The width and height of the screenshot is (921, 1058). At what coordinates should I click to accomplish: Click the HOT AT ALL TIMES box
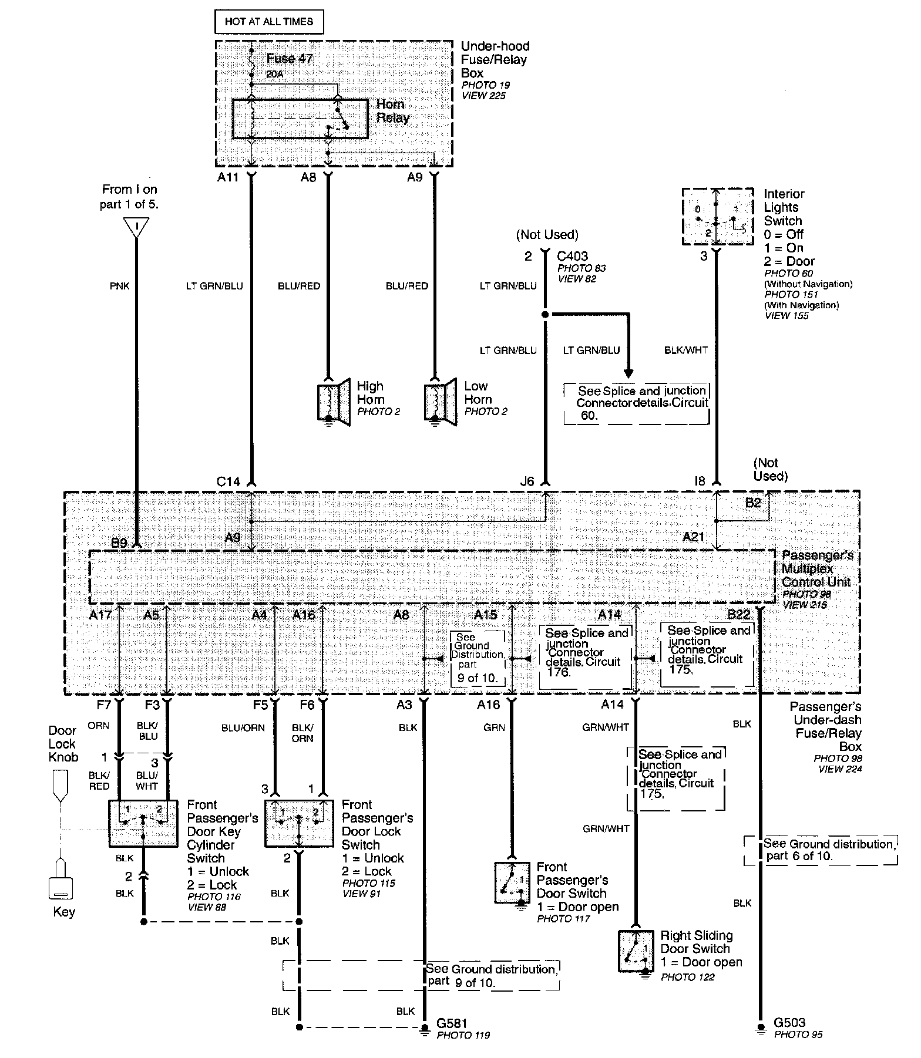(269, 22)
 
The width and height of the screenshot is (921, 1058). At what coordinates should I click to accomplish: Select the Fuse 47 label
(290, 59)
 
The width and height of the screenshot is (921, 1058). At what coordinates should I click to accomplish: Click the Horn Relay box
(300, 119)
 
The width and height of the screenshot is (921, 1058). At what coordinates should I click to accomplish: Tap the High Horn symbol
(334, 403)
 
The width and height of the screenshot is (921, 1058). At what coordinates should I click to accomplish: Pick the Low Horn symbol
(441, 403)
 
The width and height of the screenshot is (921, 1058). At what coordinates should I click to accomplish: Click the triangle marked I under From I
(136, 227)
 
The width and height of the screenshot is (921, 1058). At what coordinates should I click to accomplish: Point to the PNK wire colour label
(119, 286)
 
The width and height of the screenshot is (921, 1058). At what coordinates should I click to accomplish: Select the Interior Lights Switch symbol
(717, 217)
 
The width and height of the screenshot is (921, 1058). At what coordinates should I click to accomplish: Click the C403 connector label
(573, 256)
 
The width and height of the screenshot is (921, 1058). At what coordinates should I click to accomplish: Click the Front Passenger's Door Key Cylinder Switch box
(143, 823)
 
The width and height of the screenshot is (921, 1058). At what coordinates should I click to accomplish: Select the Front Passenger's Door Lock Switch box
(299, 823)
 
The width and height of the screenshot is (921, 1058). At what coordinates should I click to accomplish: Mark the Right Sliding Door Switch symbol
(636, 951)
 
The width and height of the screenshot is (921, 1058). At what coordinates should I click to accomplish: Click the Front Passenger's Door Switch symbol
(512, 882)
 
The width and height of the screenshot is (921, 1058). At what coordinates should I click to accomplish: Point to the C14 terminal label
(228, 481)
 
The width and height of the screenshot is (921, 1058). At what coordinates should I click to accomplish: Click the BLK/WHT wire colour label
(685, 351)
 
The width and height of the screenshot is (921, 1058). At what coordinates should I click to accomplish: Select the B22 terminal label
(739, 614)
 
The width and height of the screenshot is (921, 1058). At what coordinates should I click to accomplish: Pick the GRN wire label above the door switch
(494, 727)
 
